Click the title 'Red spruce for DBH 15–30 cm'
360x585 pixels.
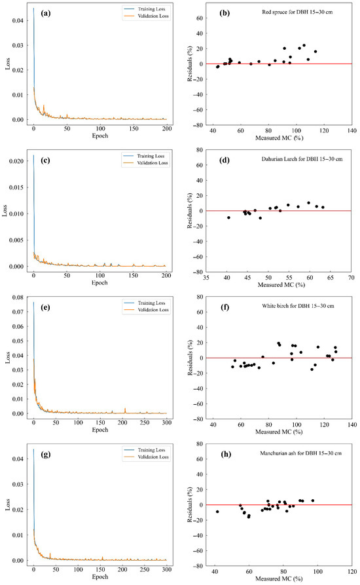pyautogui.click(x=297, y=12)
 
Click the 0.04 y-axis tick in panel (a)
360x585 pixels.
pyautogui.click(x=18, y=20)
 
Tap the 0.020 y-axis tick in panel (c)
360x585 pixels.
pyautogui.click(x=16, y=161)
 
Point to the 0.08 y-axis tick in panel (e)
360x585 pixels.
pyautogui.click(x=18, y=297)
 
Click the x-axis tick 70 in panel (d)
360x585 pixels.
pyautogui.click(x=351, y=278)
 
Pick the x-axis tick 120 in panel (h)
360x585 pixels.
pyautogui.click(x=351, y=572)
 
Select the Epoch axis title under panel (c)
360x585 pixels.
pyautogui.click(x=99, y=283)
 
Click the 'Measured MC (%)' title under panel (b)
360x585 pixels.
pyautogui.click(x=279, y=138)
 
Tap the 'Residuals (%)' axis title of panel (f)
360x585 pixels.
pyautogui.click(x=190, y=358)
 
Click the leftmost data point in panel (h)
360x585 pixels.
pyautogui.click(x=217, y=512)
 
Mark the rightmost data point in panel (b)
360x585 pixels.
pyautogui.click(x=315, y=52)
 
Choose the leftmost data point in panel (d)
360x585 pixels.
pyautogui.click(x=228, y=217)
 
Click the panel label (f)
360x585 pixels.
pyautogui.click(x=225, y=307)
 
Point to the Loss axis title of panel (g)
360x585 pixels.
pyautogui.click(x=8, y=505)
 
